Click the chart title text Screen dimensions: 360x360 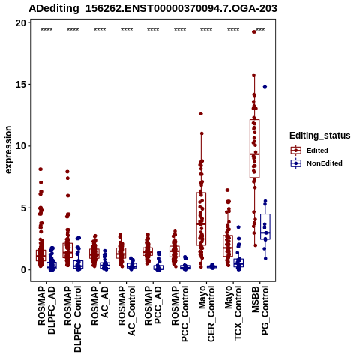(153, 8)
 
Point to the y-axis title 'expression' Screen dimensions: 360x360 (8, 150)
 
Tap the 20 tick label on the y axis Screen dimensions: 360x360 (21, 23)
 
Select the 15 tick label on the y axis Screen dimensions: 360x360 (21, 85)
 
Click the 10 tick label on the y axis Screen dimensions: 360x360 (21, 146)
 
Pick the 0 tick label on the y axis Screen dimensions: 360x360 (24, 270)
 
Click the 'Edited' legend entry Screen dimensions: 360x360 (317, 151)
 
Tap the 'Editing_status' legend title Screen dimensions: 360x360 (320, 136)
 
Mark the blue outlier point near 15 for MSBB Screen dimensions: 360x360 (265, 86)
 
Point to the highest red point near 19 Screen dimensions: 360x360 (254, 31)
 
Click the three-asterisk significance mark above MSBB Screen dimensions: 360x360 (260, 30)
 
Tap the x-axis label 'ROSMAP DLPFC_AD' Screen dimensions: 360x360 (46, 310)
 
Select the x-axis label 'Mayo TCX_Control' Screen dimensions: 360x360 (233, 313)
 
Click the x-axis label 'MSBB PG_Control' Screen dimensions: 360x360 (260, 310)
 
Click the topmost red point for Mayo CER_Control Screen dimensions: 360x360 (201, 113)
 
